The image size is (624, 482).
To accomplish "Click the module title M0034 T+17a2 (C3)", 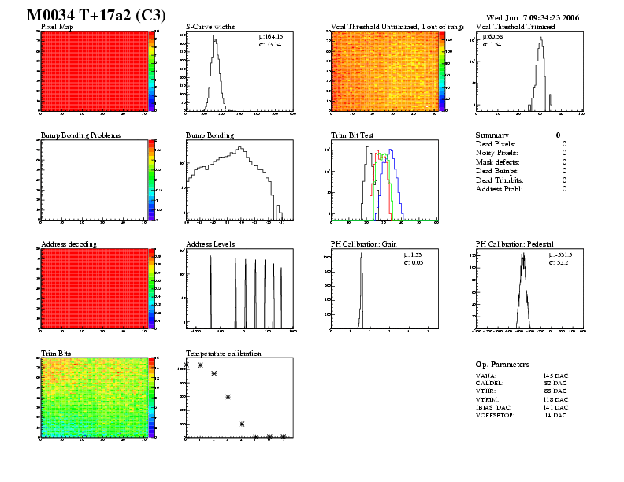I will [90, 15].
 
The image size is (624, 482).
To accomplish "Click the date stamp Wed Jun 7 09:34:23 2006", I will [532, 17].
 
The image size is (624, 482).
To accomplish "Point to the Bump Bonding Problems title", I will [80, 135].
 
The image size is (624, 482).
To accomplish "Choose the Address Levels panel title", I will [210, 244].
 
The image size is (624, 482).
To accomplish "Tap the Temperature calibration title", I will [224, 353].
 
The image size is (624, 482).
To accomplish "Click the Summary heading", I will [492, 135].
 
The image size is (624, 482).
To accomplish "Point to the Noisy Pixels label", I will [496, 153].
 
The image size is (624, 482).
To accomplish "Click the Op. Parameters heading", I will [503, 365].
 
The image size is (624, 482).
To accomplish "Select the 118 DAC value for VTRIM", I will [555, 400].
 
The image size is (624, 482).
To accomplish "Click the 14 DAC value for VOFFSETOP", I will [556, 414].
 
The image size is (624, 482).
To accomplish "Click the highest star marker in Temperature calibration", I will [188, 365].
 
